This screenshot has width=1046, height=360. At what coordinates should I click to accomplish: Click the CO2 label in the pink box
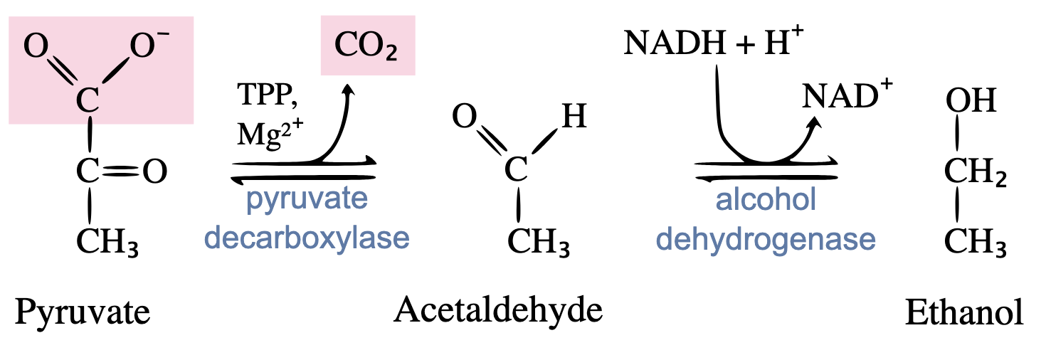tap(367, 48)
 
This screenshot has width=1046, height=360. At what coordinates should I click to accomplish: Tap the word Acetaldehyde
tap(498, 311)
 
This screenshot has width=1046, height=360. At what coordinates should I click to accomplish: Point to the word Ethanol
tap(964, 314)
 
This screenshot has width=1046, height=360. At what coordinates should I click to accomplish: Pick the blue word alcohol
tap(766, 201)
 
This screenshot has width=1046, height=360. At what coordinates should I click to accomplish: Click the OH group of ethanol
tap(971, 100)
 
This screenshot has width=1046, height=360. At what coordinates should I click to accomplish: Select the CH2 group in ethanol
tap(974, 171)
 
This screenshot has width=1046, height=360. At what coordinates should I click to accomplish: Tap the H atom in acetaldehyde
tap(574, 115)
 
